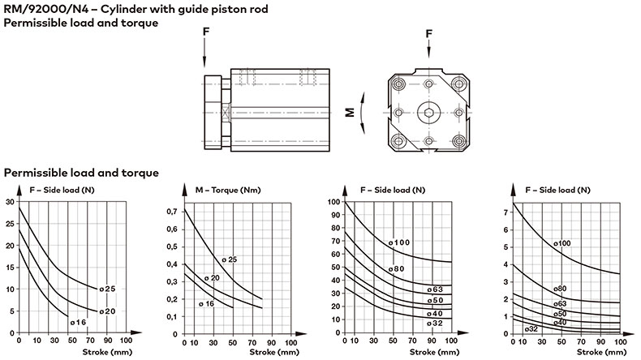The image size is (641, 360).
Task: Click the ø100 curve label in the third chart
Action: pyautogui.click(x=399, y=242)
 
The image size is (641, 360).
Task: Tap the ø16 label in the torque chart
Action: pyautogui.click(x=206, y=303)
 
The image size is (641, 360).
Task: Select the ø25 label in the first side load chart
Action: pyautogui.click(x=108, y=289)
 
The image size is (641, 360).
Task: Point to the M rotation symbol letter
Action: pyautogui.click(x=350, y=113)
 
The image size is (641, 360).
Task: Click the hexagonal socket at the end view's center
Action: pyautogui.click(x=428, y=113)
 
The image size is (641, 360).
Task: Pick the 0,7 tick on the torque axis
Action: pyautogui.click(x=172, y=212)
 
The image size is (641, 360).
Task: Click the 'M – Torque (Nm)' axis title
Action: pyautogui.click(x=228, y=190)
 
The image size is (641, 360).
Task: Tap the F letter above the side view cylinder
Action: pyautogui.click(x=206, y=31)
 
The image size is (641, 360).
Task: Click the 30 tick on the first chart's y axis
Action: pyautogui.click(x=10, y=201)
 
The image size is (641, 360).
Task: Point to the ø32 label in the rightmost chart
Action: pyautogui.click(x=531, y=328)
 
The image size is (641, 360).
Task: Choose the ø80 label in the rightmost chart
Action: pyautogui.click(x=560, y=289)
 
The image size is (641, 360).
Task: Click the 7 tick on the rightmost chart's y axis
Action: pyautogui.click(x=505, y=212)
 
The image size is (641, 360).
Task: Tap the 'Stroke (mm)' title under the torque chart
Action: pyautogui.click(x=274, y=352)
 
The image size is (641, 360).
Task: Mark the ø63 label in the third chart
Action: pyautogui.click(x=436, y=289)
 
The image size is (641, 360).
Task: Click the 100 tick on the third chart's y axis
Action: pyautogui.click(x=334, y=201)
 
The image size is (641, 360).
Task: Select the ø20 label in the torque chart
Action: pyautogui.click(x=212, y=278)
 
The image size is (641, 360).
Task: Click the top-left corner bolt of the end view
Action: pyautogui.click(x=398, y=84)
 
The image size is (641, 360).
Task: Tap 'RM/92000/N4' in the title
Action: pyautogui.click(x=46, y=9)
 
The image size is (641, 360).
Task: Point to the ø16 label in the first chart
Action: pyautogui.click(x=78, y=323)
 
